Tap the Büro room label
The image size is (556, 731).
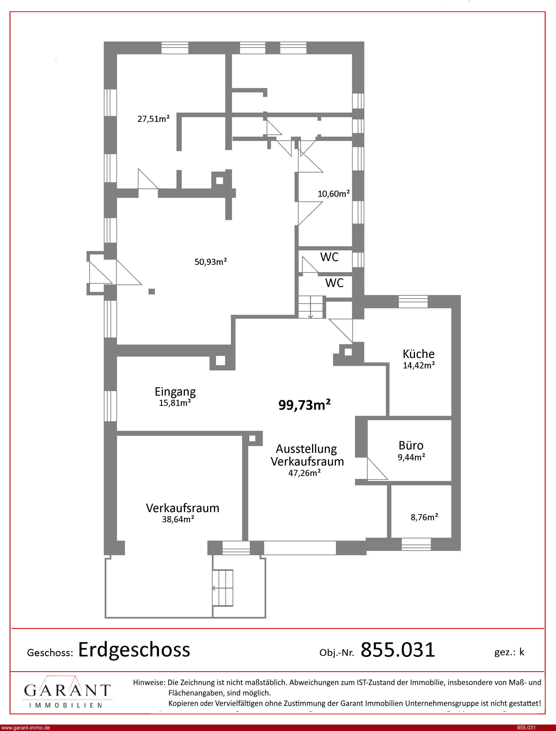[x=411, y=446]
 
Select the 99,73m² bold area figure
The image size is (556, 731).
[x=305, y=405]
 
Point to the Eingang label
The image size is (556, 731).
[x=175, y=392]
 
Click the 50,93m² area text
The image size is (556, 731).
[x=211, y=262]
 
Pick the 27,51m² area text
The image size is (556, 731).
[x=154, y=119]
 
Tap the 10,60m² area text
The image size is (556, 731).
[x=334, y=194]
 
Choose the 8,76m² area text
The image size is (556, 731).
[x=424, y=517]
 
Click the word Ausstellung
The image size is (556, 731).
[x=306, y=449]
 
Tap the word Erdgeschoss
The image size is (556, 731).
[x=134, y=650]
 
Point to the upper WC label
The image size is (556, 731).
[x=329, y=257]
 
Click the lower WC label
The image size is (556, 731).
[x=334, y=283]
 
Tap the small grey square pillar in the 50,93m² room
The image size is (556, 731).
[x=151, y=291]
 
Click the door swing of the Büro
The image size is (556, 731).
[x=377, y=469]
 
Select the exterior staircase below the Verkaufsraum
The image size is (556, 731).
[x=223, y=588]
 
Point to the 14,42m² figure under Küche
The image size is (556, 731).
[x=419, y=365]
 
